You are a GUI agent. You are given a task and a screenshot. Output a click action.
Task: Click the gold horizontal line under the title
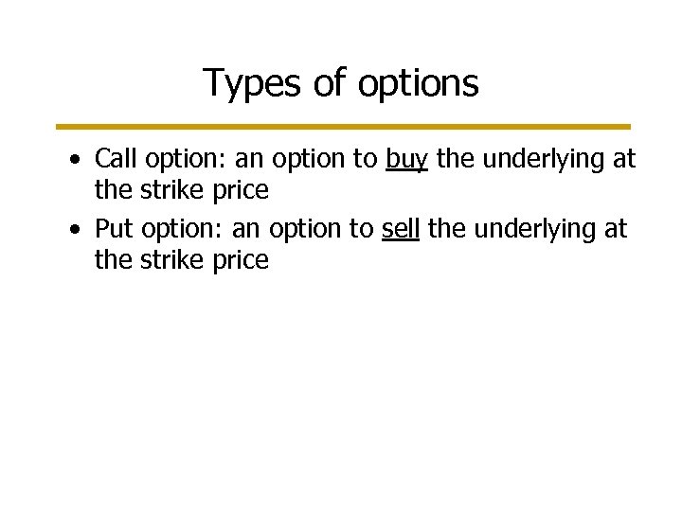tap(341, 126)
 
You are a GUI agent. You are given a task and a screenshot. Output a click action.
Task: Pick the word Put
tap(113, 230)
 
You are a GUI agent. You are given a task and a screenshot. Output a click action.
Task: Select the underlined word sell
tap(402, 230)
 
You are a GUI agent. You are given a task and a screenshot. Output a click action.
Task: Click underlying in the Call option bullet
tap(549, 160)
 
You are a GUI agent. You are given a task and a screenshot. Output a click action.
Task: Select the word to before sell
tap(361, 230)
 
